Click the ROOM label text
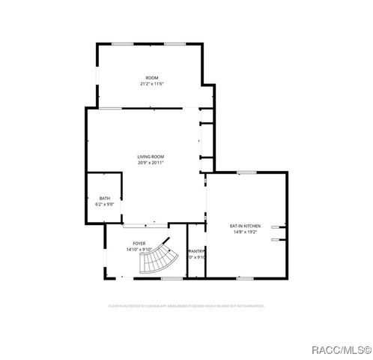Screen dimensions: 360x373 click(151, 78)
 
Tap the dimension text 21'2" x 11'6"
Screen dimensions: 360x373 click(151, 84)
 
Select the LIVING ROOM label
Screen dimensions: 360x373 click(151, 157)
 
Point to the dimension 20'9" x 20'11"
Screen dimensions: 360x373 click(151, 163)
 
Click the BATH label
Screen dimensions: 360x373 click(104, 198)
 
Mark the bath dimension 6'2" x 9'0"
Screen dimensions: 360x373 click(104, 204)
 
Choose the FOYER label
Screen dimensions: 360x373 click(139, 244)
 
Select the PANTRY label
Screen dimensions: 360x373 click(196, 251)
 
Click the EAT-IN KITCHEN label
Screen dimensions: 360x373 click(245, 226)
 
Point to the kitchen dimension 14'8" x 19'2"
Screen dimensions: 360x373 click(245, 232)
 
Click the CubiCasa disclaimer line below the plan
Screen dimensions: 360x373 click(186, 306)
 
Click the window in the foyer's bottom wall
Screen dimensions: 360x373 click(172, 278)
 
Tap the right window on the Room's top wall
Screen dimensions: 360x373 click(175, 43)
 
